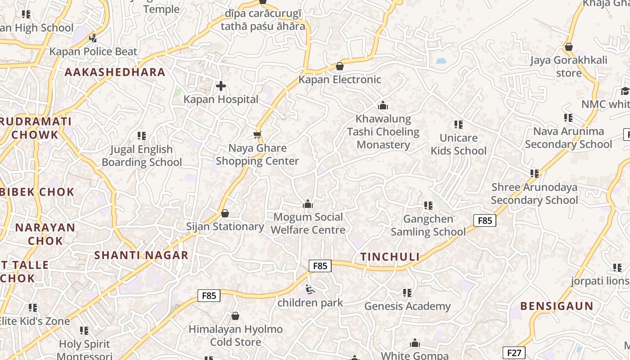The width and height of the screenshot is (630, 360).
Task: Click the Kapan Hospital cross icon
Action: [x=221, y=85]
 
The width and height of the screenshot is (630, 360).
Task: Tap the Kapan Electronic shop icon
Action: [x=340, y=66]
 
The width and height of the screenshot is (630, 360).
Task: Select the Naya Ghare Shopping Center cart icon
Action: [x=257, y=135]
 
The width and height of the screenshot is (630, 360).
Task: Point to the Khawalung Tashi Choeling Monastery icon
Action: [x=383, y=106]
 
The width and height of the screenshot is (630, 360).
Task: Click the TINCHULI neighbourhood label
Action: [x=390, y=257]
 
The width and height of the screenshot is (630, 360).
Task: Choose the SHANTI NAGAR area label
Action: [x=141, y=256]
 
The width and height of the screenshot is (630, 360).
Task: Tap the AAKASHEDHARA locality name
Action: [x=115, y=72]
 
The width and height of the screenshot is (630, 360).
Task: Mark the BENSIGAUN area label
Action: [x=557, y=306]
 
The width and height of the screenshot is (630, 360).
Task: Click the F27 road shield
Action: [x=513, y=353]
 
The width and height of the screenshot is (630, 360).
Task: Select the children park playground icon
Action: [x=310, y=289]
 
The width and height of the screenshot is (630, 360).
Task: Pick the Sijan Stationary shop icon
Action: [x=225, y=213]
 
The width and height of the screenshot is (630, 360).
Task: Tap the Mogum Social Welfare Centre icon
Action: [x=308, y=204]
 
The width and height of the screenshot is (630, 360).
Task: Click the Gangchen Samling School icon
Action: [x=428, y=206]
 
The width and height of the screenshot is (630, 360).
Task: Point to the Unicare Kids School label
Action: [x=459, y=144]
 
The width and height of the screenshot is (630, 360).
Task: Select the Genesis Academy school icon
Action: [x=407, y=293]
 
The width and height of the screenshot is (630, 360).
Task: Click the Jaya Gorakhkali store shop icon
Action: [x=568, y=47]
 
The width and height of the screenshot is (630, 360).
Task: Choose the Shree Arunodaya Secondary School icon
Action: [x=535, y=173]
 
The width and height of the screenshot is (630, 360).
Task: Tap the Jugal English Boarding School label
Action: [x=142, y=156]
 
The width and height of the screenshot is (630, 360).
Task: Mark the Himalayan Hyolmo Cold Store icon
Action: [x=235, y=316]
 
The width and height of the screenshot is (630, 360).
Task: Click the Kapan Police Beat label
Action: [x=93, y=52]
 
